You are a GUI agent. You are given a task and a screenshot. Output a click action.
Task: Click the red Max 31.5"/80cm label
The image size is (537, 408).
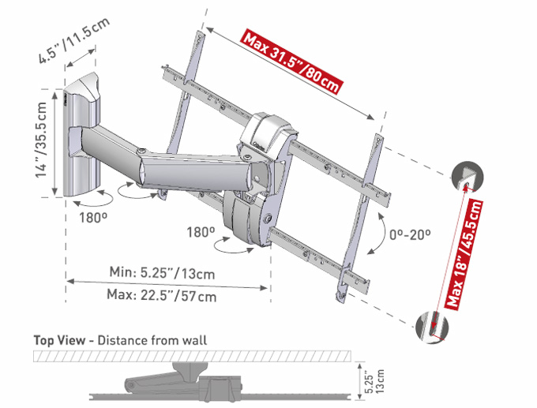click(x=292, y=62)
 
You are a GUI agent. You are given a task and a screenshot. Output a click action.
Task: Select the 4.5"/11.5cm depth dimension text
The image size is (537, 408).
click(x=74, y=39)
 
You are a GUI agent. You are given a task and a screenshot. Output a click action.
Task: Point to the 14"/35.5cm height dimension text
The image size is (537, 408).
click(x=41, y=140)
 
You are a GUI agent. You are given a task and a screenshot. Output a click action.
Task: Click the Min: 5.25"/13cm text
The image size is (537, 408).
click(x=162, y=273)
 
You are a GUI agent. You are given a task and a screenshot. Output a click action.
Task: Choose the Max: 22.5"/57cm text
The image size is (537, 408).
click(x=162, y=295)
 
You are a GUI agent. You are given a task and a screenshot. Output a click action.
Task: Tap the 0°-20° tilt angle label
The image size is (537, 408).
click(x=410, y=234)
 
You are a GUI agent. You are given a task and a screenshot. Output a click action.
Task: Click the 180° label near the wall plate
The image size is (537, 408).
click(x=93, y=217)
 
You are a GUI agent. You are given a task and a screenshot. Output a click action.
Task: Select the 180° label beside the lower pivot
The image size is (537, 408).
click(x=201, y=232)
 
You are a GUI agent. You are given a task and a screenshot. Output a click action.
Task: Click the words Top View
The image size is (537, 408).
click(x=59, y=341)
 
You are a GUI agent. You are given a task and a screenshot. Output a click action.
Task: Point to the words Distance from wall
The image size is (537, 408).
click(x=152, y=341)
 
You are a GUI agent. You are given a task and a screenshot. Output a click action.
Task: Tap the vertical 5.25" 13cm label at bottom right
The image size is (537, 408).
click(x=374, y=380)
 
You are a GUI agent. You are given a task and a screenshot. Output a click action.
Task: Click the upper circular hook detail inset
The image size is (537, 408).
click(x=468, y=176)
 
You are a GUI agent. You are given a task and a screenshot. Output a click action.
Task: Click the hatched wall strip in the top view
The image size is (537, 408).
click(x=192, y=356)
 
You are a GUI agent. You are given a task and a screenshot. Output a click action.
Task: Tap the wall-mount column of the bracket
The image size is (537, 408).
click(x=82, y=135)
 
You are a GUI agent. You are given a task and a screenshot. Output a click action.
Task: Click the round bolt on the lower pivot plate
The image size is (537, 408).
click(x=268, y=217)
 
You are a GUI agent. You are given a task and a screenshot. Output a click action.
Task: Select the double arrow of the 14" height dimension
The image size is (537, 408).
click(x=54, y=144)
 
